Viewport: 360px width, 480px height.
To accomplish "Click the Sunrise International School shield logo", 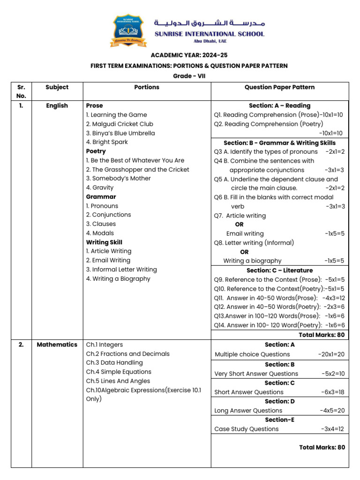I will coord(128,31).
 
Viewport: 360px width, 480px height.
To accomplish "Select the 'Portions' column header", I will coord(147,87).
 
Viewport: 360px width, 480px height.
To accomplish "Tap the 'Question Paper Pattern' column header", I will coord(279,87).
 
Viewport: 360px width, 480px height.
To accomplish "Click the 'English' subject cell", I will coord(57,106).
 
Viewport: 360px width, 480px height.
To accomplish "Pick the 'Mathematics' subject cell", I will coord(57,345).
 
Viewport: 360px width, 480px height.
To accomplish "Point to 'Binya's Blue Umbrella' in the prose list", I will coord(120,133).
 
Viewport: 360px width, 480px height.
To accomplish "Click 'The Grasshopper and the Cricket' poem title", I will coord(137,170).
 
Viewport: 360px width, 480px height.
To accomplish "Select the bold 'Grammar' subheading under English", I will coord(101,197).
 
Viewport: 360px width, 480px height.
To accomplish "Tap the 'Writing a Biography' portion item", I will coord(118,279).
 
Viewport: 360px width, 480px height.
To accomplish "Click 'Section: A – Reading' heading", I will coord(279,106).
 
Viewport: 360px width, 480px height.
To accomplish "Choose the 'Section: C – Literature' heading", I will coord(279,270).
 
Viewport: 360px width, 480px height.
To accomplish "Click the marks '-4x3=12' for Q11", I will coord(333,298).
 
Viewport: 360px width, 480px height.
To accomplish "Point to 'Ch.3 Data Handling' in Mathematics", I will coord(114,363).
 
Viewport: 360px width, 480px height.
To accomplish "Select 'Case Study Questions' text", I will coord(246,429).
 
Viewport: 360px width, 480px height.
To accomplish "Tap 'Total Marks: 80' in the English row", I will coord(322,335).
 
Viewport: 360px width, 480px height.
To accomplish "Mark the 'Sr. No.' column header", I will coord(21,91).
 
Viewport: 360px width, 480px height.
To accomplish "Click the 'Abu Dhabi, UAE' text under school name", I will coord(210,41).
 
